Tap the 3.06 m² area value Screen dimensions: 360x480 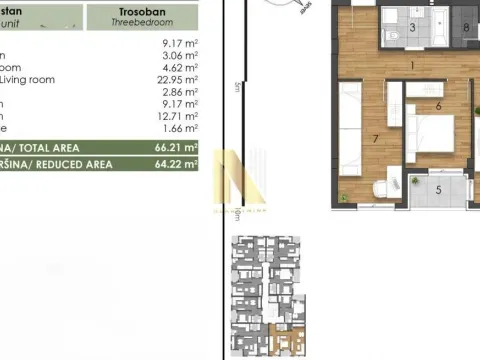[x=177, y=56]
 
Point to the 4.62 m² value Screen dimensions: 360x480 [x=177, y=68]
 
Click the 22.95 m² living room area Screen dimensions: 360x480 [x=175, y=80]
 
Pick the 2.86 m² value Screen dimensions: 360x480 [x=177, y=91]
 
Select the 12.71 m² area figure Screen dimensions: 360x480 [x=175, y=115]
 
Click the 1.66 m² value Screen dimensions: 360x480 [x=177, y=127]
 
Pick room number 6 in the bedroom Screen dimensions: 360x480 [x=438, y=105]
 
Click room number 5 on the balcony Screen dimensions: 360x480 [x=437, y=188]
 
